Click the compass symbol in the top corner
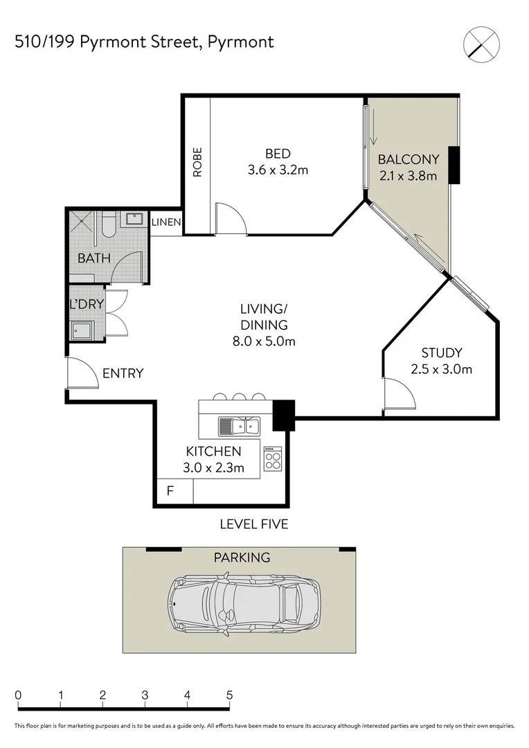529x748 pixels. point(481,43)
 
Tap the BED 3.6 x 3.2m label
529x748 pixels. point(278,161)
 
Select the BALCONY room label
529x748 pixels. point(409,167)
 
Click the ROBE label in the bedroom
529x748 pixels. point(197,162)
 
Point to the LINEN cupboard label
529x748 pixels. point(166,223)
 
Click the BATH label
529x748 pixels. point(93,258)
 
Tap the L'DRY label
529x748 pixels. point(85,304)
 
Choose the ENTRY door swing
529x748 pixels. point(81,374)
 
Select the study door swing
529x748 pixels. point(399,393)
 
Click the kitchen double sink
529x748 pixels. point(238,425)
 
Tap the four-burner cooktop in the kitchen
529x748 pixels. point(273,458)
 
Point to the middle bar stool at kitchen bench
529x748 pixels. point(239,397)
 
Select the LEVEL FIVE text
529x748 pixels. point(253,524)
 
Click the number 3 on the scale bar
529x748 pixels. point(145,695)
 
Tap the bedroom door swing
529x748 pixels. point(231,219)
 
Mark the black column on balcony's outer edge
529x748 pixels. point(454,165)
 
